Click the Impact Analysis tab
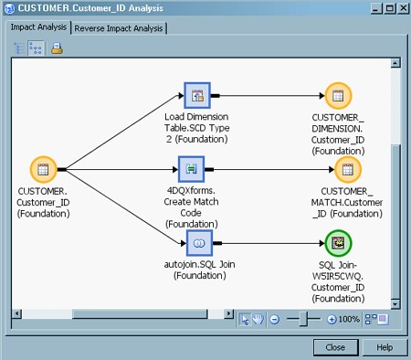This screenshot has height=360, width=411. click(38, 27)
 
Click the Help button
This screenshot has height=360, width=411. click(385, 347)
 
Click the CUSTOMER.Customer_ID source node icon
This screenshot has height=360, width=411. click(42, 169)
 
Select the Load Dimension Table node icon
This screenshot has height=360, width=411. click(196, 94)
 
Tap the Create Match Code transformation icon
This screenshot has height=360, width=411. click(192, 169)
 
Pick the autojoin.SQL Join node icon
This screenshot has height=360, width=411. click(199, 242)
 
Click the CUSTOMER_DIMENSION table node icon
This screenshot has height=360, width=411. click(338, 94)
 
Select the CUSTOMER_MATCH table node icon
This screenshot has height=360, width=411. click(347, 169)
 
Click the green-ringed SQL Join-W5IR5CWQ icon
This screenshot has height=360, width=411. click(338, 242)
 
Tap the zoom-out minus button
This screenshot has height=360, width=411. click(275, 319)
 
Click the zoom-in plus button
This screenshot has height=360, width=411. click(331, 319)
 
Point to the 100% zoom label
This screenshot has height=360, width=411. click(349, 319)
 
